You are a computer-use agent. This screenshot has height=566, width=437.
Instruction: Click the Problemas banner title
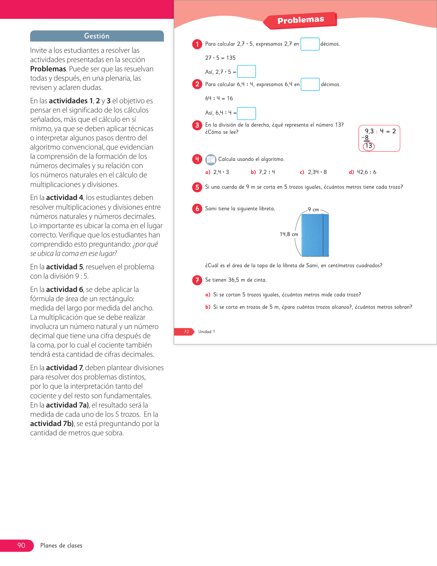click(x=301, y=20)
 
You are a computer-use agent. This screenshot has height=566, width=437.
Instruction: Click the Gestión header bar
click(x=97, y=36)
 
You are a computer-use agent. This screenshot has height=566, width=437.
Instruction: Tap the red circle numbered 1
click(x=197, y=44)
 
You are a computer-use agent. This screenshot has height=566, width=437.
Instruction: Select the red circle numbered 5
click(x=197, y=187)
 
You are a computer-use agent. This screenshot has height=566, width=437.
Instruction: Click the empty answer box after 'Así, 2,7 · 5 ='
click(x=246, y=72)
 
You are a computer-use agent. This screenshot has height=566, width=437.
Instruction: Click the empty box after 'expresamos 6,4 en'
click(x=310, y=84)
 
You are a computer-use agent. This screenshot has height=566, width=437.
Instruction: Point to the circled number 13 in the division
click(x=369, y=146)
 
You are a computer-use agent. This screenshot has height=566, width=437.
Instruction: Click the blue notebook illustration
click(x=315, y=235)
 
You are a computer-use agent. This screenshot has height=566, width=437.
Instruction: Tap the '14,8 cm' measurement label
click(x=289, y=234)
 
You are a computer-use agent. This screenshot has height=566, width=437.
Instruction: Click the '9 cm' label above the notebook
click(x=313, y=210)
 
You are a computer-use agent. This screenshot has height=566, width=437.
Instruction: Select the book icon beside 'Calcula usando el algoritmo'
click(x=211, y=160)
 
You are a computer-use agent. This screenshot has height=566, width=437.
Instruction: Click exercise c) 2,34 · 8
click(x=313, y=172)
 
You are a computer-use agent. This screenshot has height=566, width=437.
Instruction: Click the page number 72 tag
click(x=186, y=332)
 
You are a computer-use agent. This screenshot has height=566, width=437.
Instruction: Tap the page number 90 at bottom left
click(x=21, y=545)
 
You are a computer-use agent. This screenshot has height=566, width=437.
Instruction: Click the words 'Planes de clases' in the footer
click(x=61, y=546)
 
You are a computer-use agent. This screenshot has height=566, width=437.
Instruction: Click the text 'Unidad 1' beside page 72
click(x=207, y=332)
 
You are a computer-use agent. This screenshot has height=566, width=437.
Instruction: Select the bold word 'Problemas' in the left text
click(x=48, y=69)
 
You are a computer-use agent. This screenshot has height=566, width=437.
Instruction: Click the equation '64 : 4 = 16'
click(x=219, y=98)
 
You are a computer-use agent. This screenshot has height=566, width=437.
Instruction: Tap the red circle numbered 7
click(x=197, y=280)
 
